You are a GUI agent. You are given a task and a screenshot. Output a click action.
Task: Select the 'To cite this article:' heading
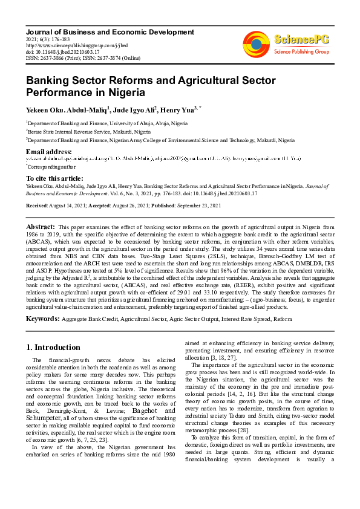point(54,178)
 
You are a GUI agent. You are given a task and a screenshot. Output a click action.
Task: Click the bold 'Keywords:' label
point(47,318)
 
